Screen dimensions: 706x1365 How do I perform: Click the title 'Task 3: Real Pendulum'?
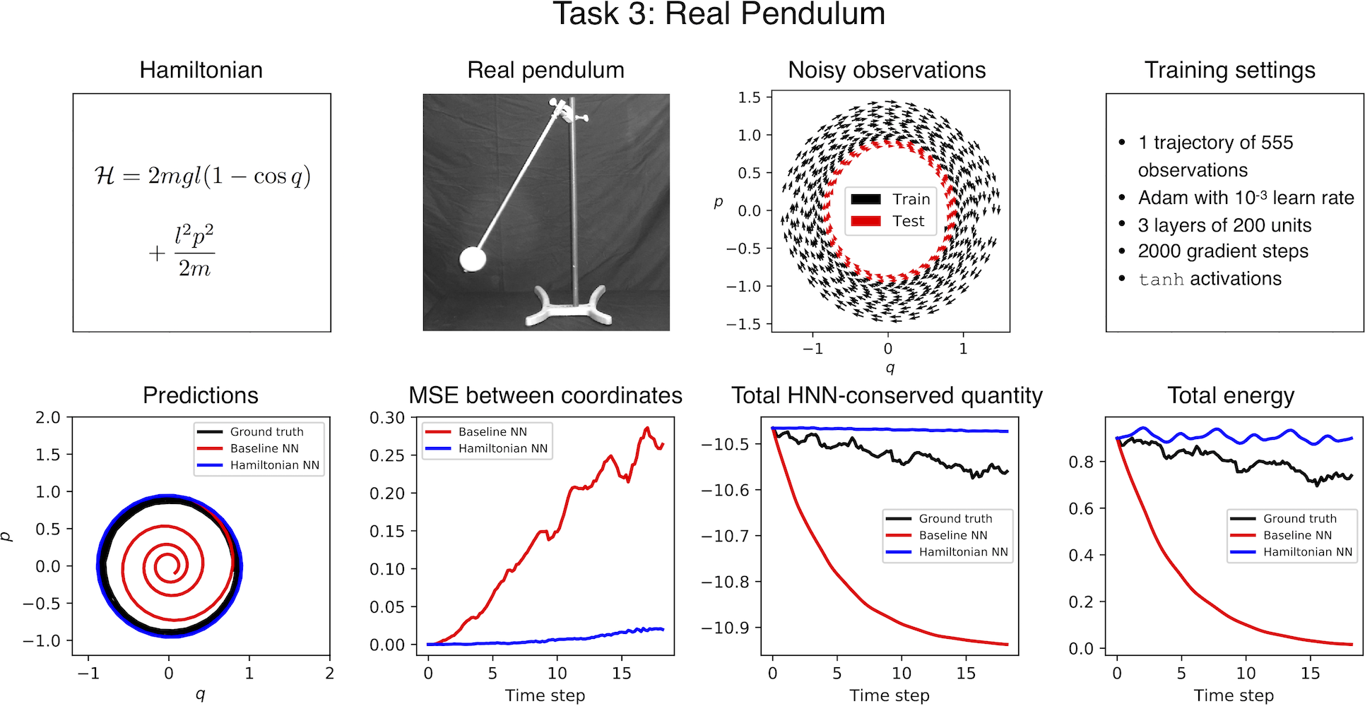coord(719,14)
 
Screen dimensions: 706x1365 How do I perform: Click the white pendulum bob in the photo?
coord(473,259)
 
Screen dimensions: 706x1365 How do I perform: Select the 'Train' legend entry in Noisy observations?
coord(911,199)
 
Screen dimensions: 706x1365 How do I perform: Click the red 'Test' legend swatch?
coord(865,221)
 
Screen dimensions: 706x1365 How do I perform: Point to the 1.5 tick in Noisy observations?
coord(749,97)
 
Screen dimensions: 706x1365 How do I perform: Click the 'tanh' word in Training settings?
coord(1161,280)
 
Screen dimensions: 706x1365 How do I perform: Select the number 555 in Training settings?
coord(1277,143)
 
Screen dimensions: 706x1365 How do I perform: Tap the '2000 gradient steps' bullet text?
coord(1223,251)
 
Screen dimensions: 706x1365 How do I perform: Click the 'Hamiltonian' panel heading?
coord(201,70)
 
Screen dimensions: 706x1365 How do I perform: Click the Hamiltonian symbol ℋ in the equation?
coord(105,176)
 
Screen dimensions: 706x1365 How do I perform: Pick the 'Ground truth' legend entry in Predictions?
coord(266,431)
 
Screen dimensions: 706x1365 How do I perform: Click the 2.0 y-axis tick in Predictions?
coord(48,417)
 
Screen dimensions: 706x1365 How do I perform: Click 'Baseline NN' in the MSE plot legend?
coord(492,431)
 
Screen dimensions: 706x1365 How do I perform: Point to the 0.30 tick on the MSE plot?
coord(387,418)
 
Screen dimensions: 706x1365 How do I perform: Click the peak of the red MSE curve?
coord(646,428)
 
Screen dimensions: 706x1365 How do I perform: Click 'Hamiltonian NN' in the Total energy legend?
coord(1308,552)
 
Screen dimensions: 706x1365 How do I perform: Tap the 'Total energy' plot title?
coord(1230,395)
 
